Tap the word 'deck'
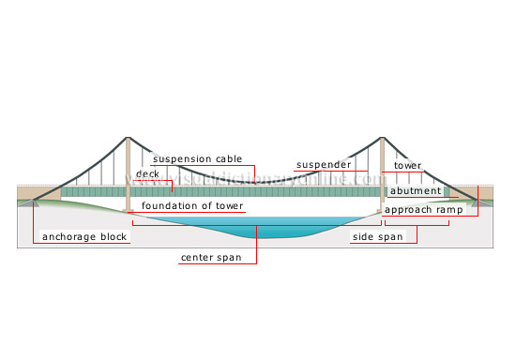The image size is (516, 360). coord(147,174)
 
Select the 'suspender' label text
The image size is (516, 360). coord(324,165)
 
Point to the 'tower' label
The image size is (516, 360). coord(407,166)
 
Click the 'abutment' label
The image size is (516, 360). coord(415,191)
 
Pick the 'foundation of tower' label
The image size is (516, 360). coord(191,205)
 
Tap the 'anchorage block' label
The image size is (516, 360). coord(84,237)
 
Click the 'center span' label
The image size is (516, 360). coord(217,257)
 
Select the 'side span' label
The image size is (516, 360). coord(377,237)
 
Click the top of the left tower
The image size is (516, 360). coord(128,141)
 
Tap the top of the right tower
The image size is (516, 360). coord(383,141)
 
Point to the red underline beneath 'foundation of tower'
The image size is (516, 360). coord(191,212)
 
